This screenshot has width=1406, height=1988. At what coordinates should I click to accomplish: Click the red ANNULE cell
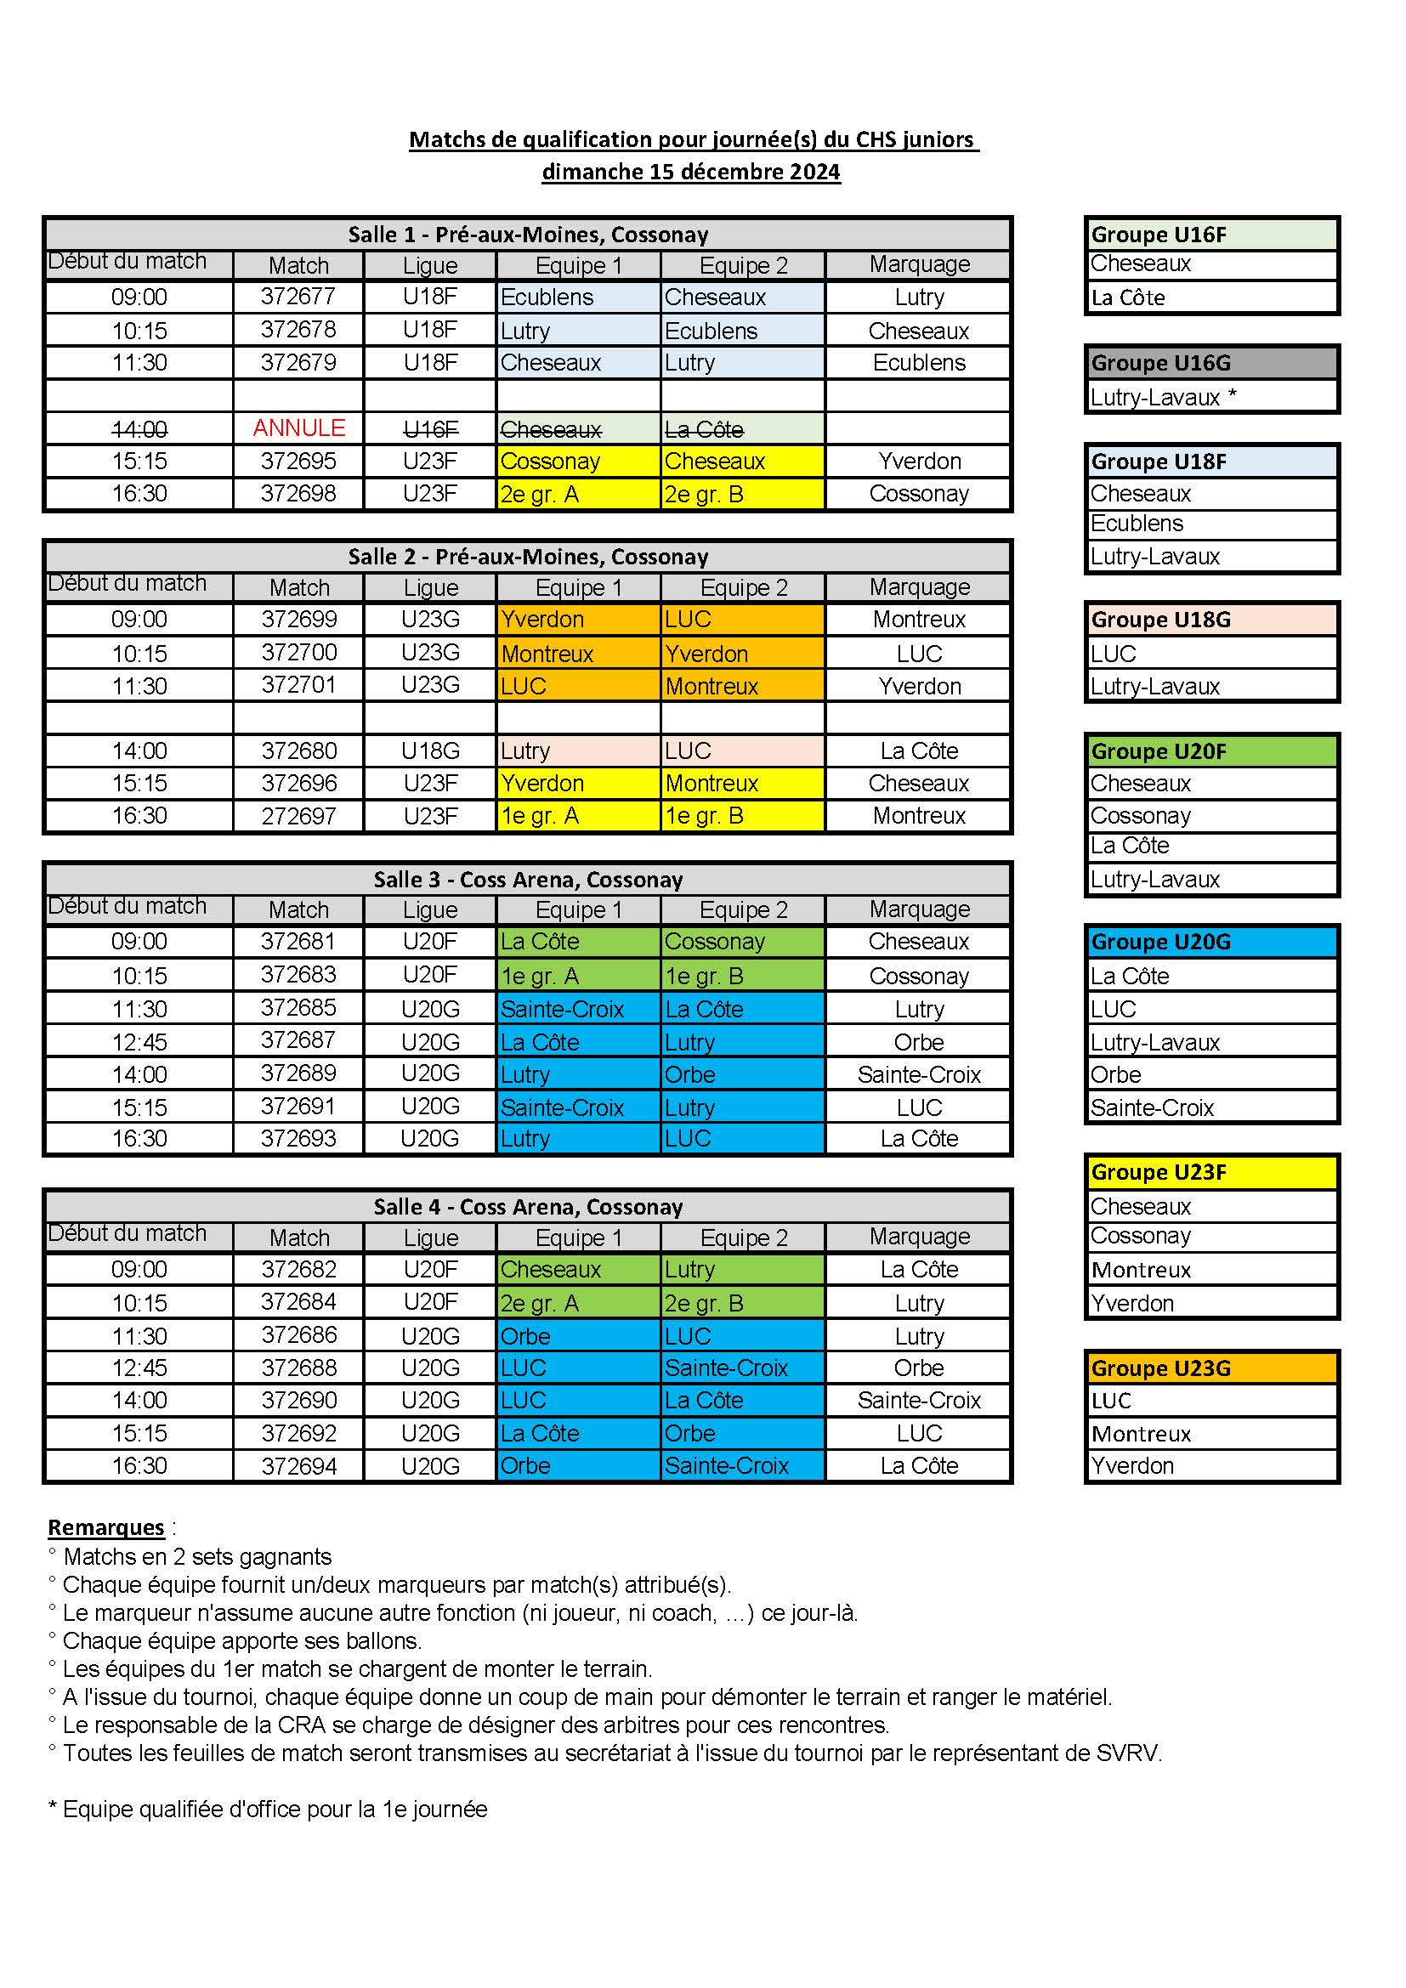tap(298, 428)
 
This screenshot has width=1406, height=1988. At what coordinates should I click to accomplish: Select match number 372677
tap(298, 297)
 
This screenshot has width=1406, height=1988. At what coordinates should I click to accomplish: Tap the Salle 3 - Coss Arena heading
tap(528, 880)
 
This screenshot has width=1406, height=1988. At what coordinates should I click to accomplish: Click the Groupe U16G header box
tap(1211, 363)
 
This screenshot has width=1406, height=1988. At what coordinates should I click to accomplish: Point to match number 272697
tap(298, 816)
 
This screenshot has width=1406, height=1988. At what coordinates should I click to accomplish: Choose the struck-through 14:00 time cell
tap(139, 428)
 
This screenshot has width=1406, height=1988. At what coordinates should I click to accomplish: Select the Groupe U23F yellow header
tap(1211, 1172)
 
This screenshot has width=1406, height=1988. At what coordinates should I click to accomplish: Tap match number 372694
tap(298, 1466)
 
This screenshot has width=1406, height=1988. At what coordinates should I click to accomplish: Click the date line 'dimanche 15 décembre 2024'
tap(691, 172)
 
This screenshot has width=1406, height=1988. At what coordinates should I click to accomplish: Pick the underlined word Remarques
tap(105, 1527)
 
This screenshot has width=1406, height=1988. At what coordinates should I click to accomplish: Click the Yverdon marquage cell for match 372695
tap(920, 462)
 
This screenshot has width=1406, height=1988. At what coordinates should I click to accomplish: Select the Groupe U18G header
tap(1211, 620)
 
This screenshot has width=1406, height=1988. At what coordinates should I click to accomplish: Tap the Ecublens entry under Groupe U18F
tap(1137, 524)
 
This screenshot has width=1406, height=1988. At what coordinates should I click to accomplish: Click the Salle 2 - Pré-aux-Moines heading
tap(528, 557)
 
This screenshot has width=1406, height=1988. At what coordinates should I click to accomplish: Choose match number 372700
tap(298, 653)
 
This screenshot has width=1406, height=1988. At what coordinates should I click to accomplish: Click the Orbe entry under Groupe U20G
tap(1116, 1074)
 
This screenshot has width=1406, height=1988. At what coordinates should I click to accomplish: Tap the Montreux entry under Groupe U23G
tap(1141, 1434)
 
